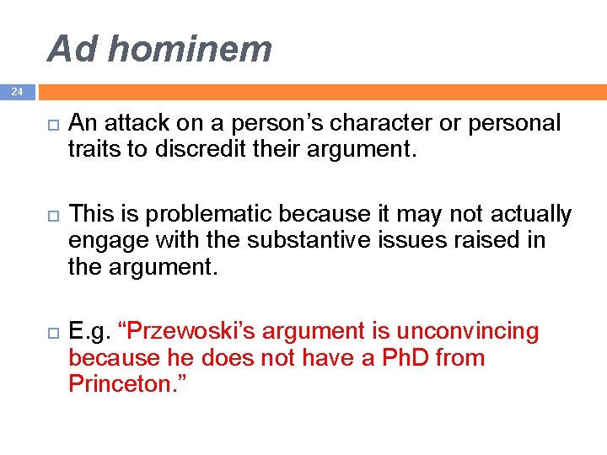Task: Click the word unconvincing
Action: pyautogui.click(x=467, y=332)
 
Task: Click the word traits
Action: pyautogui.click(x=94, y=149)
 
